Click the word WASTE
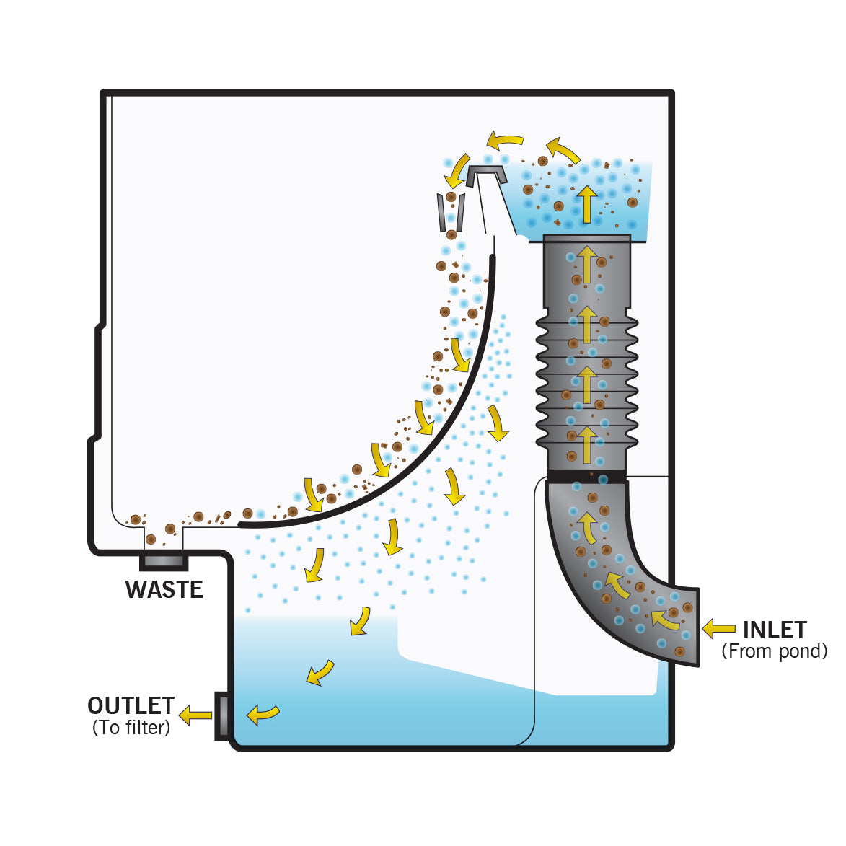coord(164,589)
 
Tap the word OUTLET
coord(131,705)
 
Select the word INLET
coord(775,630)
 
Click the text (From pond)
coord(775,651)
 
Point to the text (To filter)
coord(131,728)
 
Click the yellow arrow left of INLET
coord(718,628)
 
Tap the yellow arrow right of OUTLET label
coord(195,715)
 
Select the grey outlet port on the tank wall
coord(222,715)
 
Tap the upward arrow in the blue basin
coord(587,204)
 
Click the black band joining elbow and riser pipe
coord(586,476)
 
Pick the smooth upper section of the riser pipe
coord(587,274)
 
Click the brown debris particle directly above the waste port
coord(151,539)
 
